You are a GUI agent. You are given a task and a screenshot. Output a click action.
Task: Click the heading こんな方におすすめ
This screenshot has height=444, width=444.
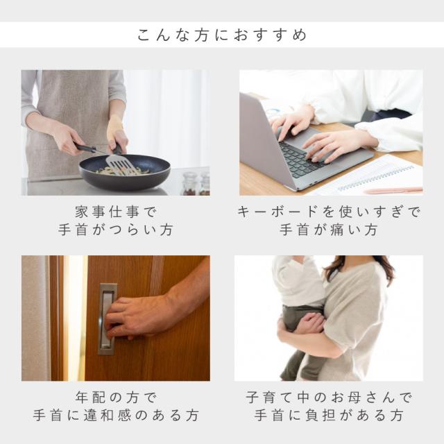coord(222,35)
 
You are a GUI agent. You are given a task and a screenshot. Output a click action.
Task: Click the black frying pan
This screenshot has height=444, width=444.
coord(125,172)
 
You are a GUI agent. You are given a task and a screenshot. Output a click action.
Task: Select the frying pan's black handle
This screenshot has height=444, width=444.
coord(85,147)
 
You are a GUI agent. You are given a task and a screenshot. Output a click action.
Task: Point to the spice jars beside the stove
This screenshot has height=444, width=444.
coord(196,183)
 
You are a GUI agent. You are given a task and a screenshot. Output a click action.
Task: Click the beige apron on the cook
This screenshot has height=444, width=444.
coord(68,119)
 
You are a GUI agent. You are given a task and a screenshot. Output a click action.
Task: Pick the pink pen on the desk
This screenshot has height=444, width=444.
coord(394,190)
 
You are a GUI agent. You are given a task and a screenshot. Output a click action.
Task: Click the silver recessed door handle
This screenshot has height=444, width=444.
coord(107,319)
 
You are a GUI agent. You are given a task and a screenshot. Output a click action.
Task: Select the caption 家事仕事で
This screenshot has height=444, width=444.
coord(116,212)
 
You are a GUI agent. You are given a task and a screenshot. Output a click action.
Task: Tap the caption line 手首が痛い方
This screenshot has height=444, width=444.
coord(329,230)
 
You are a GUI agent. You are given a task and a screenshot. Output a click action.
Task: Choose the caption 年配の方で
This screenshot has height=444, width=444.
coord(116,398)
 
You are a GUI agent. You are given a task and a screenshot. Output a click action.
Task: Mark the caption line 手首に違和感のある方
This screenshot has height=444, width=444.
coord(116,416)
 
